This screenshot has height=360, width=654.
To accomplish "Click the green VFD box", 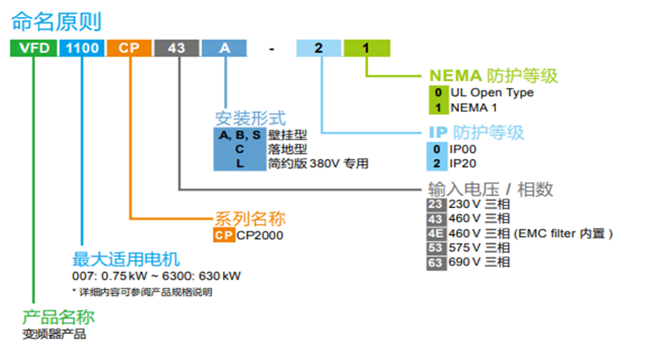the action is tap(33, 48).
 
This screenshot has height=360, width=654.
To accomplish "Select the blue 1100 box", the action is tap(82, 48).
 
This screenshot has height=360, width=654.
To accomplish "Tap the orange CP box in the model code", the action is tap(129, 48).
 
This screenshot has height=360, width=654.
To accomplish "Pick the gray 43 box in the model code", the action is tap(177, 48).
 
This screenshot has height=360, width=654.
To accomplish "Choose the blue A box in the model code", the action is tap(225, 48).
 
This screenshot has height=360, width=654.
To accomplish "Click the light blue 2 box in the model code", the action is tap(319, 48).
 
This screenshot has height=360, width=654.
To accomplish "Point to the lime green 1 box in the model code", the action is tap(367, 48).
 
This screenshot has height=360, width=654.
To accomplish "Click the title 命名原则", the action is tap(57, 21).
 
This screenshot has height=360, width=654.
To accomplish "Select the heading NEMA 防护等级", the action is tap(493, 75).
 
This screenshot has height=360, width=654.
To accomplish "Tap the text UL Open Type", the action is tap(492, 92).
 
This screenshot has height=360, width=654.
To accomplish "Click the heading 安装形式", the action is tap(250, 118).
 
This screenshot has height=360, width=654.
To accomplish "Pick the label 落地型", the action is tap(287, 149).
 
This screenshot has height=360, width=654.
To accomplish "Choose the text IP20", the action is tap(462, 164).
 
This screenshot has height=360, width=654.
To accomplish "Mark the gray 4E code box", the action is tap(436, 233).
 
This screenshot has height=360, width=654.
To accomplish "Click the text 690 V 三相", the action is tap(479, 262).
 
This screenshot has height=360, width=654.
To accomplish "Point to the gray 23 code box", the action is tap(436, 205).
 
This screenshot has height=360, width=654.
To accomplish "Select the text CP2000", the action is tap(260, 236).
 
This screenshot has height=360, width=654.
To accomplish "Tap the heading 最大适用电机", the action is tap(126, 259).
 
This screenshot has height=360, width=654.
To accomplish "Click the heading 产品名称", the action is tap(58, 318).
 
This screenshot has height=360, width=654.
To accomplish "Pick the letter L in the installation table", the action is tap(240, 164).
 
